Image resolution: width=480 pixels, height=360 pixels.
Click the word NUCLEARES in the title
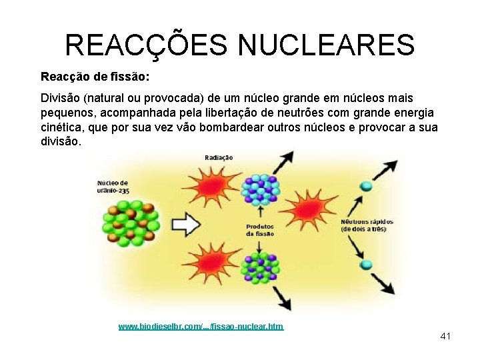pos(326,45)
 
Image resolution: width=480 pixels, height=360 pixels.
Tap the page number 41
pos(445,336)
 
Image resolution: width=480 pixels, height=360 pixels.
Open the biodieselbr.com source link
pos(201,326)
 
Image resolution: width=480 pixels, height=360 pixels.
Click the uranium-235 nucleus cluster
pos(131,225)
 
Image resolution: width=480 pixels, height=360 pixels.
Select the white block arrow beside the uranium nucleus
pos(188,225)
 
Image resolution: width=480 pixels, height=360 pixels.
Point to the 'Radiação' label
pos(219,157)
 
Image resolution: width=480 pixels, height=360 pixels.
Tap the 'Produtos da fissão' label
pos(259,230)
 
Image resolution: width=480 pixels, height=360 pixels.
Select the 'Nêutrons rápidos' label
pos(367,225)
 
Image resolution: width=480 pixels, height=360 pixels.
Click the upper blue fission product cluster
pos(259,189)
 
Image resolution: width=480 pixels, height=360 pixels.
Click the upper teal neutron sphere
pos(365,185)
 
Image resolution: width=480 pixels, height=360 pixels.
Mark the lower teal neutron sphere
pos(365,264)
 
